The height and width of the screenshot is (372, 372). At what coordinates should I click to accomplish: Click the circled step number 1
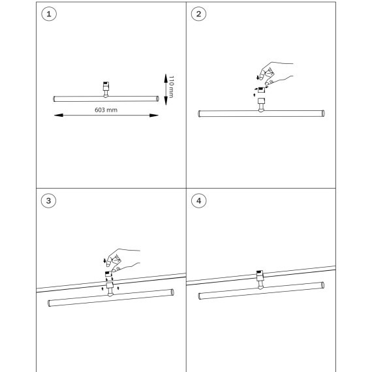[x=49, y=14]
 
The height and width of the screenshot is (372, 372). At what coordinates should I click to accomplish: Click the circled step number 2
[x=198, y=14]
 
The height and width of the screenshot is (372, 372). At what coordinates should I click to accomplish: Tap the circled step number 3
[x=49, y=201]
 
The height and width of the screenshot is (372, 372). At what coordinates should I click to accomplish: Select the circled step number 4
[x=198, y=201]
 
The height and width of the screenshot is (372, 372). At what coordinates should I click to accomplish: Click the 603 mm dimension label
[x=106, y=110]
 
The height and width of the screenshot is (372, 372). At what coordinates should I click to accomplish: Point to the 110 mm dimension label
[x=171, y=87]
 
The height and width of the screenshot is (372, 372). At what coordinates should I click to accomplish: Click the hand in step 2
[x=276, y=74]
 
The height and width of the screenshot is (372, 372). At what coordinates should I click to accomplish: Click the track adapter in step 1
[x=106, y=89]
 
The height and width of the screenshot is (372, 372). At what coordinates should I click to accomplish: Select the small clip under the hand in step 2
[x=261, y=89]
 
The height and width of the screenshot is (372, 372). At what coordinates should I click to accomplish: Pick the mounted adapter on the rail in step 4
[x=260, y=280]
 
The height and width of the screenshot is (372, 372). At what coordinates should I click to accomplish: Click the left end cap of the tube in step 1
[x=54, y=99]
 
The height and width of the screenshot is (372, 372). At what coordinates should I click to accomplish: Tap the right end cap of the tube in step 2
[x=323, y=113]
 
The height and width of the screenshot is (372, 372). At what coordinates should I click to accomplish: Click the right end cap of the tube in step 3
[x=172, y=292]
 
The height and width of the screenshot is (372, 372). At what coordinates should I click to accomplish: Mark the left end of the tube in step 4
[x=200, y=296]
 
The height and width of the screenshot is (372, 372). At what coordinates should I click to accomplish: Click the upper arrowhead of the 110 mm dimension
[x=166, y=78]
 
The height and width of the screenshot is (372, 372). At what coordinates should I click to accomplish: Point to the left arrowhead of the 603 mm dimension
[x=59, y=116]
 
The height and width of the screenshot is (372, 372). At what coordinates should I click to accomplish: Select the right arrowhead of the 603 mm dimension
[x=154, y=116]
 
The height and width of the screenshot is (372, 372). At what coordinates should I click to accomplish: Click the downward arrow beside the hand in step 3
[x=104, y=260]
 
